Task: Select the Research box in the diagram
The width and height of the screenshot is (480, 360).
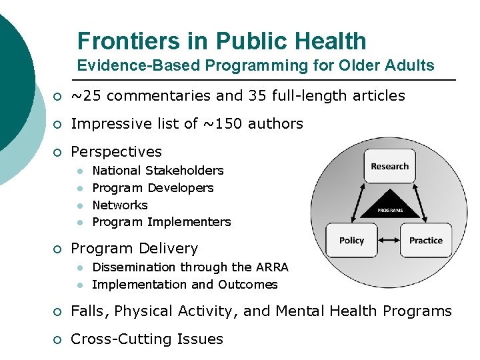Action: point(390,166)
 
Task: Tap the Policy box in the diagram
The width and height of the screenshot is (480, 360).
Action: point(351,240)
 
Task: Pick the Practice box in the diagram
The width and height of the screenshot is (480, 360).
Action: point(426,240)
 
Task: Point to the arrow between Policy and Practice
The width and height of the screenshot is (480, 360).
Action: point(389,240)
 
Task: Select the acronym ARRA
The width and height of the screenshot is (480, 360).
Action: point(272,267)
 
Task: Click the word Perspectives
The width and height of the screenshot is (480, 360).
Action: point(116,152)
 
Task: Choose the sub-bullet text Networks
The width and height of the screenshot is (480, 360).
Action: point(120,205)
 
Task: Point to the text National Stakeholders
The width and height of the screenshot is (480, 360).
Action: point(158,171)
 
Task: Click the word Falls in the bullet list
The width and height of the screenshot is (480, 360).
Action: point(90,311)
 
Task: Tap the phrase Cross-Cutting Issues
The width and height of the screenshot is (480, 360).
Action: point(147,339)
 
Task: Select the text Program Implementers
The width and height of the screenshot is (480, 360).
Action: point(161,222)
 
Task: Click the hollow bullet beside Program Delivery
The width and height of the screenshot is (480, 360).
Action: point(58,249)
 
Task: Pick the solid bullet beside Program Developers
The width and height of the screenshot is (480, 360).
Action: point(79,189)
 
